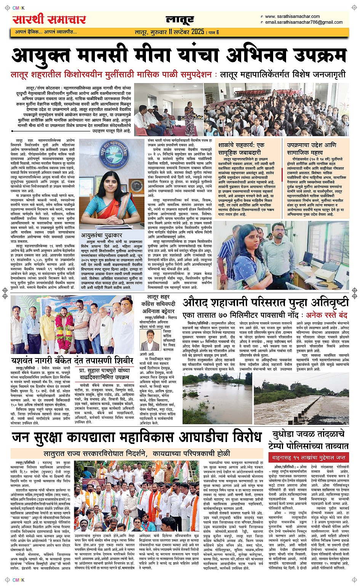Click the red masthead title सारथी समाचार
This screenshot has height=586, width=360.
[x=49, y=19]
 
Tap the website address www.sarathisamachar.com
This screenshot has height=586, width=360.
[x=292, y=16]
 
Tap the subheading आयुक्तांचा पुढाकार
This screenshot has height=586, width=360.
[x=101, y=235]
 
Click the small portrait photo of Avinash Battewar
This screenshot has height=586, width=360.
[x=150, y=340]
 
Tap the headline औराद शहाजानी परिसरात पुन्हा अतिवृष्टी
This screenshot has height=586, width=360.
[x=265, y=303]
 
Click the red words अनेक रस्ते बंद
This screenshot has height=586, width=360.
[x=327, y=315]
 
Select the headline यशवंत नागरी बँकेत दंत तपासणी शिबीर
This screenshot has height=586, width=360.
[x=72, y=360]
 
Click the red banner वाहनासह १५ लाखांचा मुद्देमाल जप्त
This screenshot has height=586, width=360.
[x=309, y=457]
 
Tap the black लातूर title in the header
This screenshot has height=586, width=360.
[x=180, y=20]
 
